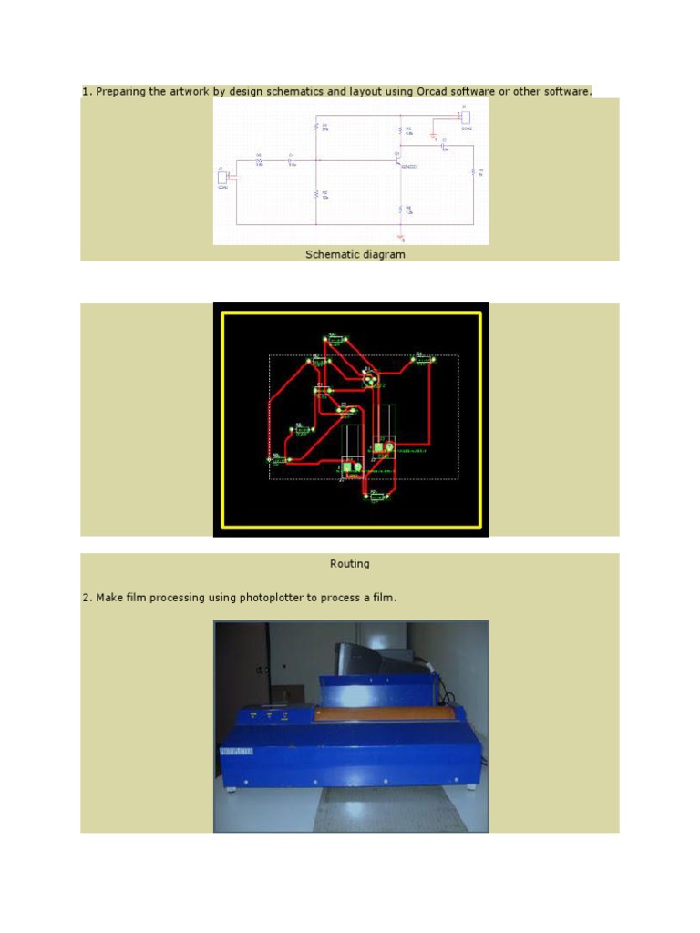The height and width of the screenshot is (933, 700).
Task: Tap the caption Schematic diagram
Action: tap(355, 254)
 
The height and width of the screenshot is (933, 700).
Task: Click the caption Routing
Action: tap(349, 564)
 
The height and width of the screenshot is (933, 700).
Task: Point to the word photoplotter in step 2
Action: tap(273, 598)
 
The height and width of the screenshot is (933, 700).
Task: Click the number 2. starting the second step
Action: tap(87, 598)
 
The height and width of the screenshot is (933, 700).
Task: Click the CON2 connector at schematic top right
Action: tap(465, 117)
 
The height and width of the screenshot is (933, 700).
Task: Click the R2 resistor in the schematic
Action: tap(316, 194)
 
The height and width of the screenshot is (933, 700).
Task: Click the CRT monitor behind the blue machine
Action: tap(374, 661)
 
